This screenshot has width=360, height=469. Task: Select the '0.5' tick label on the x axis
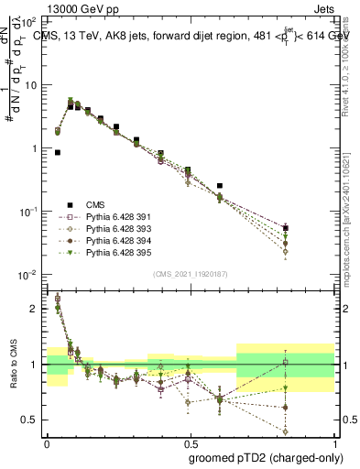click(190, 442)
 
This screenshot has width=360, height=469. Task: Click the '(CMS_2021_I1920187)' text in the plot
click(191, 273)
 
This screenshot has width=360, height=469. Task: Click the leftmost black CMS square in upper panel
click(58, 153)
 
